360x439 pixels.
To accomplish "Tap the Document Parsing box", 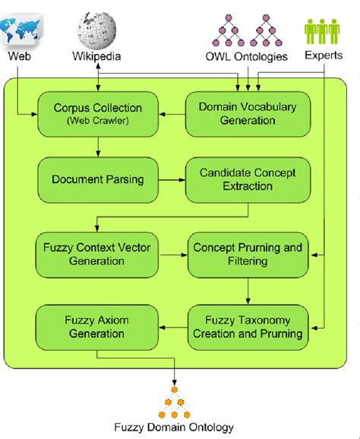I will pos(87,181).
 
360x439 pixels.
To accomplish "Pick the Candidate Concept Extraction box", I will pos(248,181).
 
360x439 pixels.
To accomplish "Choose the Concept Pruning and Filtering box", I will pos(248,254).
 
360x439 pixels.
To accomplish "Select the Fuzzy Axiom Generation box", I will pos(87,327).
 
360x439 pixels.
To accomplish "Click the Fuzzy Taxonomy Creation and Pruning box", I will pos(248,327).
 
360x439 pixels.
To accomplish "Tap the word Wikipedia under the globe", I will pos(97,56).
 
